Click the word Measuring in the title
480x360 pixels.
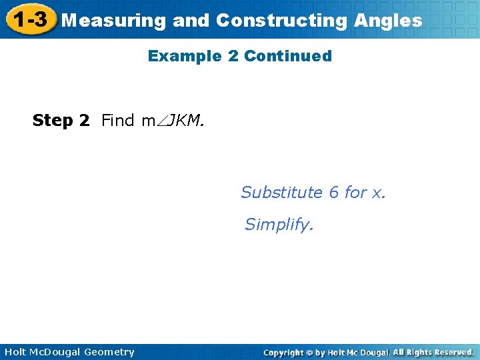coord(113,21)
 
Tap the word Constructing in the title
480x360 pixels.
coord(281,21)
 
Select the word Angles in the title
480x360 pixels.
coord(388,21)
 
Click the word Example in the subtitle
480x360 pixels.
coord(185,56)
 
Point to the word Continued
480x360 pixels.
coord(288,56)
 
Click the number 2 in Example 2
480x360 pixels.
coord(233,56)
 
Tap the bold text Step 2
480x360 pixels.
coord(61,121)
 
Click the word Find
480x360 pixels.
coord(118,121)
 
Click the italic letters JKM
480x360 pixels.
coord(186,121)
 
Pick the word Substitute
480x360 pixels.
coord(281,193)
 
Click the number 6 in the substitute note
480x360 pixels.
coord(334,193)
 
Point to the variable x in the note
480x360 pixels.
coord(378,193)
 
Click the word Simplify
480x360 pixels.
coord(278,225)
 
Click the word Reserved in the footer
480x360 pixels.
coord(451,352)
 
